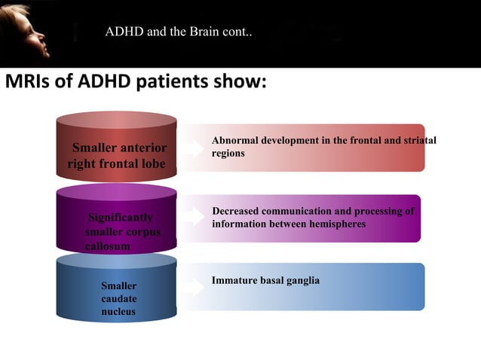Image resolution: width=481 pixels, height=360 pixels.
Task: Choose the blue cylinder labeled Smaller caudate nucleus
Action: (116, 294)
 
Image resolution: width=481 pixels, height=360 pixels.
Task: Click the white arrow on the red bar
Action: (195, 148)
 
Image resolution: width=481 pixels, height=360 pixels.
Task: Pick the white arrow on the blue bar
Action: (195, 287)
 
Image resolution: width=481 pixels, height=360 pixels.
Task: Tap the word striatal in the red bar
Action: (418, 141)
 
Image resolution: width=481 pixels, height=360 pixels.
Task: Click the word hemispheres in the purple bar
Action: (335, 224)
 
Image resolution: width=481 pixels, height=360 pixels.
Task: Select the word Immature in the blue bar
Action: (235, 280)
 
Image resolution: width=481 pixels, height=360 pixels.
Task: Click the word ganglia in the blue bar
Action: (302, 280)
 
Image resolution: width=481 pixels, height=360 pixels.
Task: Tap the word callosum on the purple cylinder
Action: (108, 246)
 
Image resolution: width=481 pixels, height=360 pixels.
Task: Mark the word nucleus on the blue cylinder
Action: (118, 312)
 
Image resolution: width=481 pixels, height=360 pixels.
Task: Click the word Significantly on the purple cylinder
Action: (121, 218)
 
